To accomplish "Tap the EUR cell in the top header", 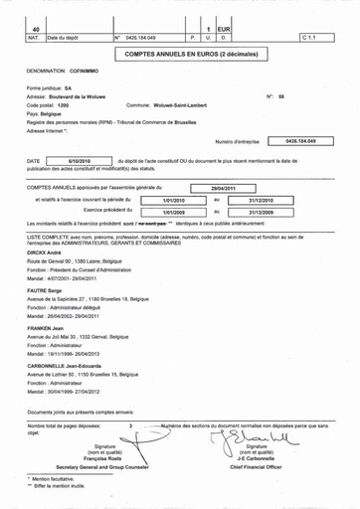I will tap(225, 31).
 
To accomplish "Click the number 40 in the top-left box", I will tap(36, 31).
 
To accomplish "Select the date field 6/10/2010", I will tap(80, 160).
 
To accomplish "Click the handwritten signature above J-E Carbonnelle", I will tap(256, 437).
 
